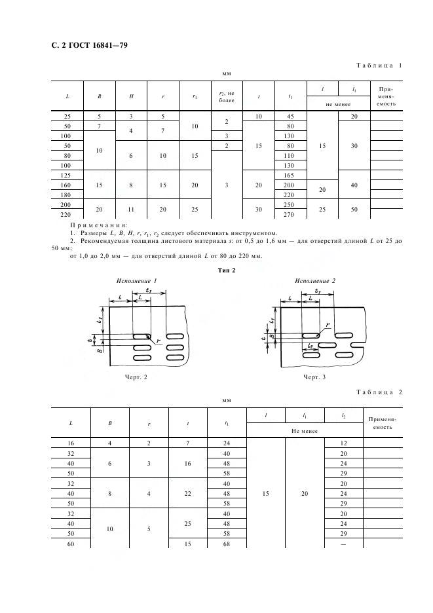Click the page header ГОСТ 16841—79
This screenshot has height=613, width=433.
click(x=98, y=45)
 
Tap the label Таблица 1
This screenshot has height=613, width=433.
click(x=379, y=65)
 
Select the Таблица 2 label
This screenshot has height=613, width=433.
click(x=379, y=392)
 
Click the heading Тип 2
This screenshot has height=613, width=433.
click(x=227, y=270)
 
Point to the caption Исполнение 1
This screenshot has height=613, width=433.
click(x=137, y=281)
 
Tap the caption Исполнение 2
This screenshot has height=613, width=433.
click(x=315, y=281)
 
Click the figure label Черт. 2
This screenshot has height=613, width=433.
click(x=136, y=377)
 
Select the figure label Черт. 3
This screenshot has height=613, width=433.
click(x=314, y=377)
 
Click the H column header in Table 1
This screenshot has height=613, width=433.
click(x=131, y=96)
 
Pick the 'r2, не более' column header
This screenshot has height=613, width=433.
click(x=227, y=96)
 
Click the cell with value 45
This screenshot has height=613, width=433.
click(x=290, y=116)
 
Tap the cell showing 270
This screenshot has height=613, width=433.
click(x=289, y=214)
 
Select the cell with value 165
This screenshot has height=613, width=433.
click(x=289, y=175)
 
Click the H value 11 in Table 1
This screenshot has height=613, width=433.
click(x=131, y=210)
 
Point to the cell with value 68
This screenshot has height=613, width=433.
click(x=227, y=544)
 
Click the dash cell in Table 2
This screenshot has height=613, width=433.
click(x=343, y=544)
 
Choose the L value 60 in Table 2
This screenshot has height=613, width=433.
click(x=71, y=544)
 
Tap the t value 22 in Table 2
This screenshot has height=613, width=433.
click(x=188, y=494)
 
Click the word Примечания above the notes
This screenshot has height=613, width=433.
click(x=98, y=225)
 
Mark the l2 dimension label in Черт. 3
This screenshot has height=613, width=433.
click(x=311, y=346)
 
